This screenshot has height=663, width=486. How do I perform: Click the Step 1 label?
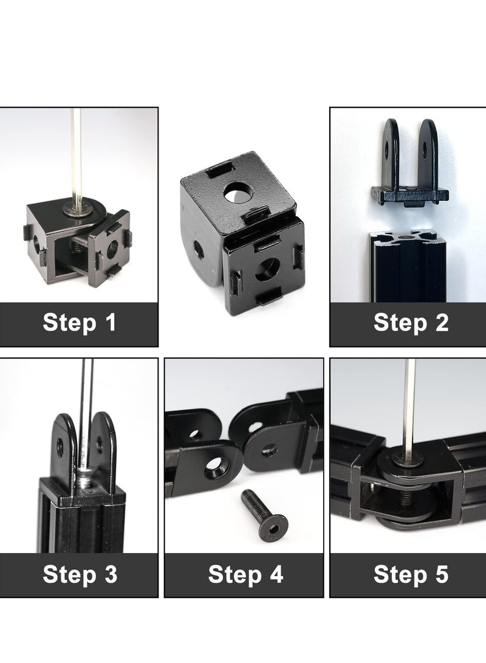click(x=79, y=323)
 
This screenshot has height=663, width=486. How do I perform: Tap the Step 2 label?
click(x=411, y=323)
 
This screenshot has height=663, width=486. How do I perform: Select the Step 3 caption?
click(x=79, y=574)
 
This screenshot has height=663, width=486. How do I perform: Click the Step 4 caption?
click(x=245, y=574)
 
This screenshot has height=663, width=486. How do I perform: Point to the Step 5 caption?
click(x=411, y=574)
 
